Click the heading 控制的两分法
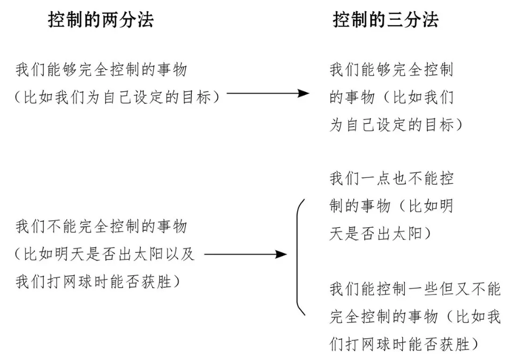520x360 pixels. click(x=101, y=20)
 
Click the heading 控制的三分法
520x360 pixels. click(x=386, y=20)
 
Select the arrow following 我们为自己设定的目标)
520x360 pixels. click(x=268, y=94)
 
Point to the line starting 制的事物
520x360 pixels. click(x=391, y=206)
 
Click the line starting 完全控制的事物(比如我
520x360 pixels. click(x=415, y=317)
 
